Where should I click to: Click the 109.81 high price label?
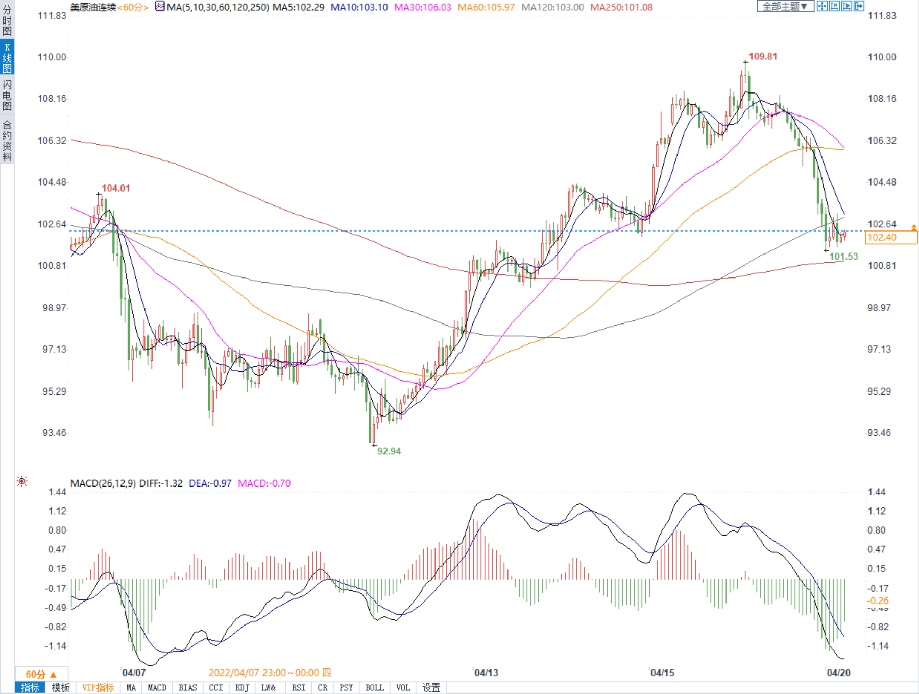(x=763, y=56)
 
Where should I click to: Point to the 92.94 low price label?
(x=389, y=451)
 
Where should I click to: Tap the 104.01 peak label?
(x=116, y=188)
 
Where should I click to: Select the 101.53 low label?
(x=843, y=257)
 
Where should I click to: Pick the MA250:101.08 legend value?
(x=621, y=7)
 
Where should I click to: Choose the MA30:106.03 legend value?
(x=423, y=7)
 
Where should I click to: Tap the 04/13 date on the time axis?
(x=486, y=673)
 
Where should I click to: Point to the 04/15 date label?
(x=662, y=673)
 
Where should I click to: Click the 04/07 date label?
(x=134, y=673)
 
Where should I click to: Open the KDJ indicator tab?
(x=242, y=688)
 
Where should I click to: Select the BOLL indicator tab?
(x=374, y=688)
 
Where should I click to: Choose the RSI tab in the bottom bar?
(x=299, y=688)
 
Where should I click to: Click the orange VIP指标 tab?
(x=98, y=688)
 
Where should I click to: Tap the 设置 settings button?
(x=431, y=688)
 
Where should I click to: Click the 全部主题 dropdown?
(x=785, y=6)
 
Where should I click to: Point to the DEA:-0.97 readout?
(x=210, y=483)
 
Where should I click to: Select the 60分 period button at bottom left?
(x=41, y=674)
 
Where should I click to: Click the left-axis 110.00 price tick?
(x=52, y=57)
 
